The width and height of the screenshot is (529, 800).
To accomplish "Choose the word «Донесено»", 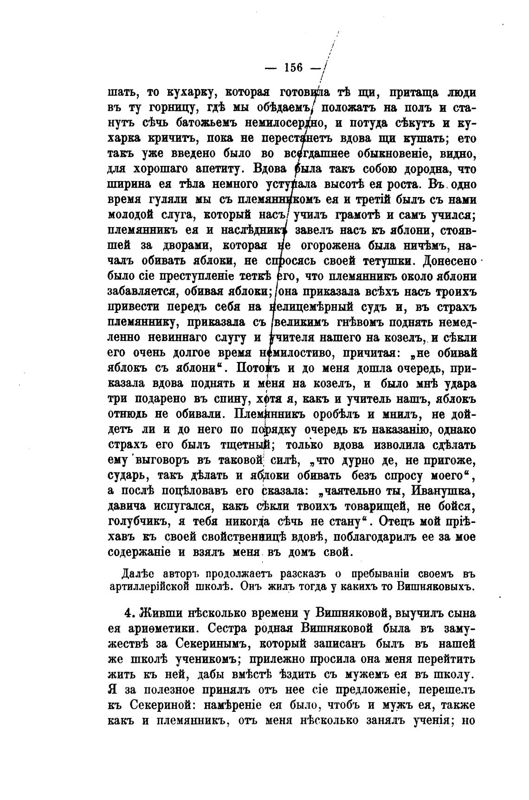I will pyautogui.click(x=450, y=261).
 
